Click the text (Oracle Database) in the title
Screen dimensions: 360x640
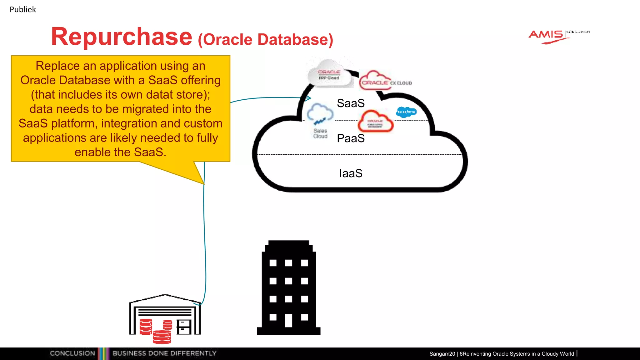pos(265,40)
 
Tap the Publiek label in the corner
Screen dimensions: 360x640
pos(22,9)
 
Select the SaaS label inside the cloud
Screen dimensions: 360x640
pos(351,103)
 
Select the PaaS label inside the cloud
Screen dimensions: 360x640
pos(351,138)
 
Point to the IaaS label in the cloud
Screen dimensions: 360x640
pos(351,173)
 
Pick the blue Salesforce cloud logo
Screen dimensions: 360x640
pos(406,112)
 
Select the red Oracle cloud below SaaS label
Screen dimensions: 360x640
pos(375,122)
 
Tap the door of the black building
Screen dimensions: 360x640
pos(288,320)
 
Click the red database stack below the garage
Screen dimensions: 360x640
pos(162,337)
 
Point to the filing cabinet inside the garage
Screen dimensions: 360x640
pos(184,327)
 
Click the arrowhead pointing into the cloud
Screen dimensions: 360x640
pos(308,98)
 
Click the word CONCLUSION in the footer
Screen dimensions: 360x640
pos(72,353)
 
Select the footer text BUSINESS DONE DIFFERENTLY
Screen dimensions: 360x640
pos(164,353)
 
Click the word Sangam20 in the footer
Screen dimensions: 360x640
pos(442,354)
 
